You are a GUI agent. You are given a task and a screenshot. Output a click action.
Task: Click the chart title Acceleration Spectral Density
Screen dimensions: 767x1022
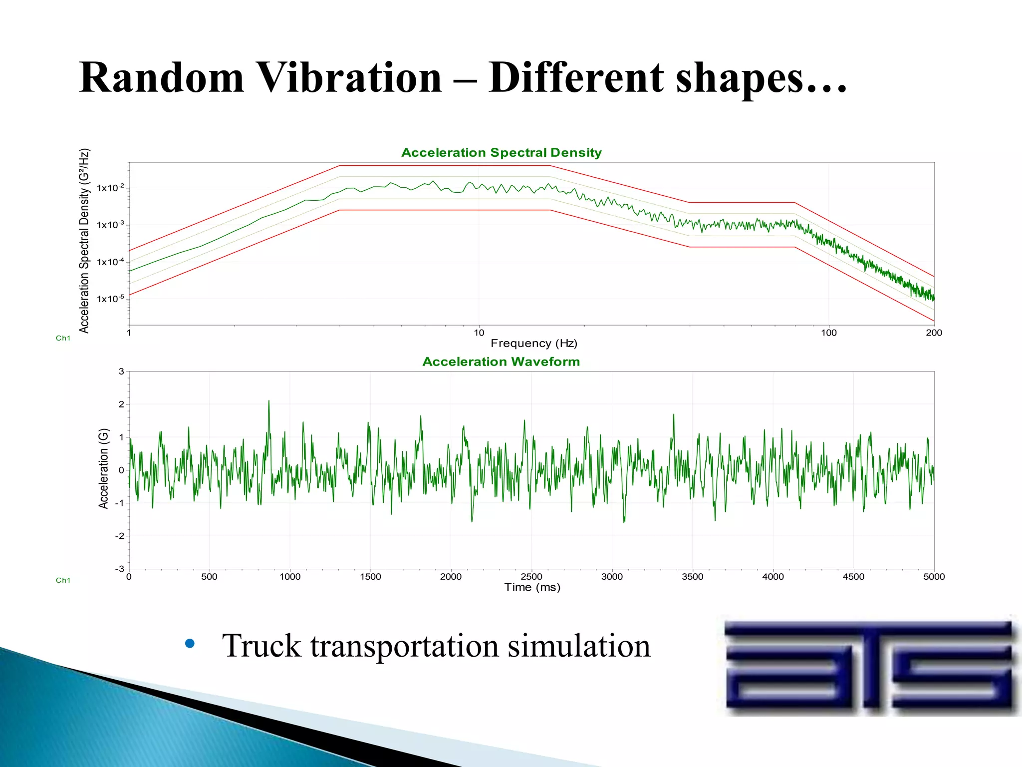[501, 153]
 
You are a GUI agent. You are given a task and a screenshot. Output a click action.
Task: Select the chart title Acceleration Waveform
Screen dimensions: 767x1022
[501, 362]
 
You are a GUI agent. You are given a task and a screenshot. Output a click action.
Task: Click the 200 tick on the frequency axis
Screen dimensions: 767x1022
[934, 333]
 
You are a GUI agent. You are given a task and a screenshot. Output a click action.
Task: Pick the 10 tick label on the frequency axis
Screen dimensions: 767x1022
[479, 333]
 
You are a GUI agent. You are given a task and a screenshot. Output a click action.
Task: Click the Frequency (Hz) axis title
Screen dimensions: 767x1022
[533, 344]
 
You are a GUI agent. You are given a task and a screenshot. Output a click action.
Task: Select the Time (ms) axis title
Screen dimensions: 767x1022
[532, 588]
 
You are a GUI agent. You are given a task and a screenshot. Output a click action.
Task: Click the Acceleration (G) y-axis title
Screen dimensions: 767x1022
[103, 468]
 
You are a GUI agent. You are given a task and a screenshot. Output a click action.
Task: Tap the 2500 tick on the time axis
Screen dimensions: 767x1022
[531, 577]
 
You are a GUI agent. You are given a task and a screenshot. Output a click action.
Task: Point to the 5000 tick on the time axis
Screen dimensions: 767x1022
[934, 577]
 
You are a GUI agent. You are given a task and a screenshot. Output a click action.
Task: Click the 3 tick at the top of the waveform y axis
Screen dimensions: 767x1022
[121, 372]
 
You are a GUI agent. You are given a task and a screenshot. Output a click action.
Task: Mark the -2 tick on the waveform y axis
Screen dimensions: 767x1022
[120, 536]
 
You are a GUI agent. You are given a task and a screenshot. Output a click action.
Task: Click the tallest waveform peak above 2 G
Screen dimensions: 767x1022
[269, 402]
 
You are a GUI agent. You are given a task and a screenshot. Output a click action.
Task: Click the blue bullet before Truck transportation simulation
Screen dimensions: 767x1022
[190, 644]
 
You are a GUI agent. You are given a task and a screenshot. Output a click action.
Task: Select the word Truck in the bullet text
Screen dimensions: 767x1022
[261, 646]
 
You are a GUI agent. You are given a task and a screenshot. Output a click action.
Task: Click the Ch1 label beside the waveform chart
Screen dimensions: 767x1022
[63, 580]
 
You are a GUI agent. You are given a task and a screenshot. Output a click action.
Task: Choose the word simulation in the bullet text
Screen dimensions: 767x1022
[579, 646]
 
